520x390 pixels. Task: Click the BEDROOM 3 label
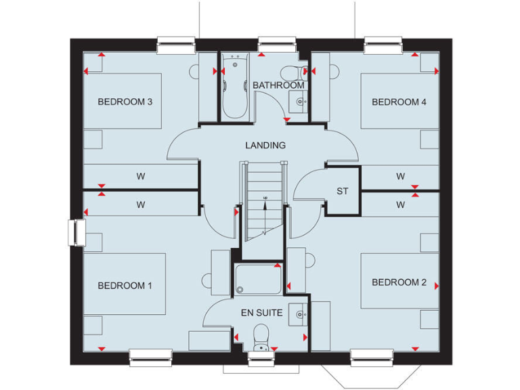[125, 102]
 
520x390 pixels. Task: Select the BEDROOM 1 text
[125, 286]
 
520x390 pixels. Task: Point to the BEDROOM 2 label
[399, 282]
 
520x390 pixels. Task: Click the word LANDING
[265, 145]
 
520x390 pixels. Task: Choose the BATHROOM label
[278, 85]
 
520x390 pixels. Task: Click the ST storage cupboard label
[343, 192]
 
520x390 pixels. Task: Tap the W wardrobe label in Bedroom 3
[141, 177]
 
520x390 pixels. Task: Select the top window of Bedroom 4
[383, 46]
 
